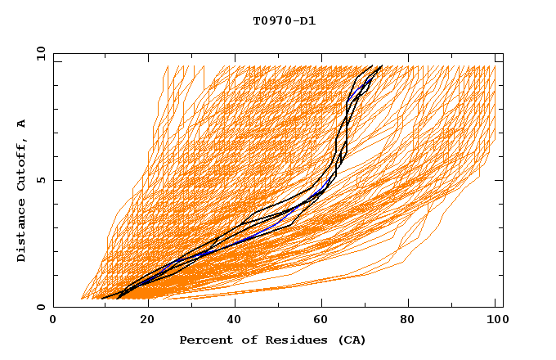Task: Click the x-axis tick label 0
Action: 53,320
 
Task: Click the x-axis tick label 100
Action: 495,320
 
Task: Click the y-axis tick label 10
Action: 40,53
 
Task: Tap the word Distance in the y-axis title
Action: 22,230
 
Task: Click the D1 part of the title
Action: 308,21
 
